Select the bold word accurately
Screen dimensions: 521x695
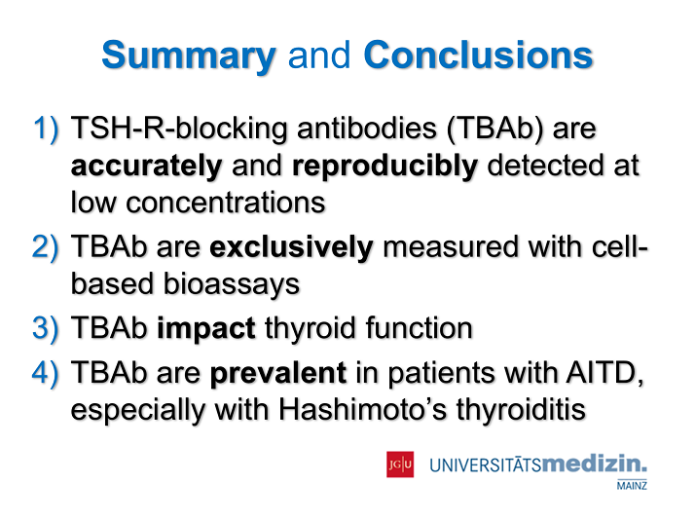tap(146, 167)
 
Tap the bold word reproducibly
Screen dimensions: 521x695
tap(384, 167)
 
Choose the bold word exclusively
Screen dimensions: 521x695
tap(291, 247)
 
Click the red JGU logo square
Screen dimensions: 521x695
tap(400, 465)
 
